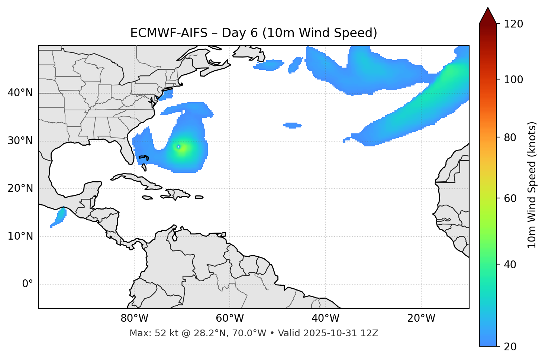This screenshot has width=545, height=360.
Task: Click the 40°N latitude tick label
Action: click(x=20, y=93)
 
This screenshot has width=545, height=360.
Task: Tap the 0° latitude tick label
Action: click(x=28, y=284)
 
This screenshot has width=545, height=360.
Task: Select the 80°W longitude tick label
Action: click(x=134, y=318)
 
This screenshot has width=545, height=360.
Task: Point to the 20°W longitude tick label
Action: click(x=421, y=318)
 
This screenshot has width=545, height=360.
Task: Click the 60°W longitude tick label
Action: click(x=230, y=318)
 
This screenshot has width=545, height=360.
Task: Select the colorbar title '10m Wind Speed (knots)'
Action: click(x=532, y=185)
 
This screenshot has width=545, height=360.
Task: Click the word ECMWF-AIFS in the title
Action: click(x=169, y=33)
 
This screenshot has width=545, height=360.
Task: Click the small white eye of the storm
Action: click(x=179, y=147)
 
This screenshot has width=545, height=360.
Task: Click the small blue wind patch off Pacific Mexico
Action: click(x=59, y=217)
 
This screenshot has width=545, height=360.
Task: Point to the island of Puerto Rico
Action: click(x=199, y=197)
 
